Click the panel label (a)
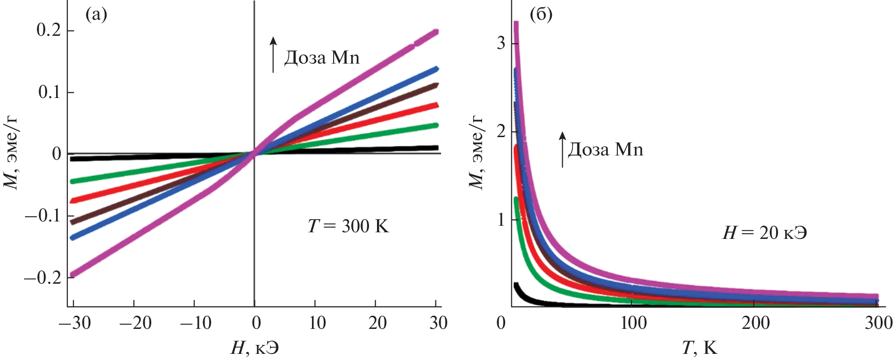point(96,15)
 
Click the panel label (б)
point(541,15)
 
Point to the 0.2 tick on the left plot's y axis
point(49,30)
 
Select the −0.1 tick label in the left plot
point(42,216)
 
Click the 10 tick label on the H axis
point(317,323)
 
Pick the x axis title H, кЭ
point(254,348)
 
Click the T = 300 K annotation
point(348,227)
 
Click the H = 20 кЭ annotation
point(764,233)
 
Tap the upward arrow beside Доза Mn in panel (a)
point(273,55)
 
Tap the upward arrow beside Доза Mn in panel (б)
point(562,149)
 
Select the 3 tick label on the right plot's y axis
point(500,43)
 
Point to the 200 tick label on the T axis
point(756,323)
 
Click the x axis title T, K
point(699,348)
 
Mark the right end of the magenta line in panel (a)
point(436,32)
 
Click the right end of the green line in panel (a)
point(436,125)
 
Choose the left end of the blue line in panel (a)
point(72,237)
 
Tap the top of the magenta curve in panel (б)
point(516,24)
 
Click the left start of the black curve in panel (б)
point(516,286)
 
